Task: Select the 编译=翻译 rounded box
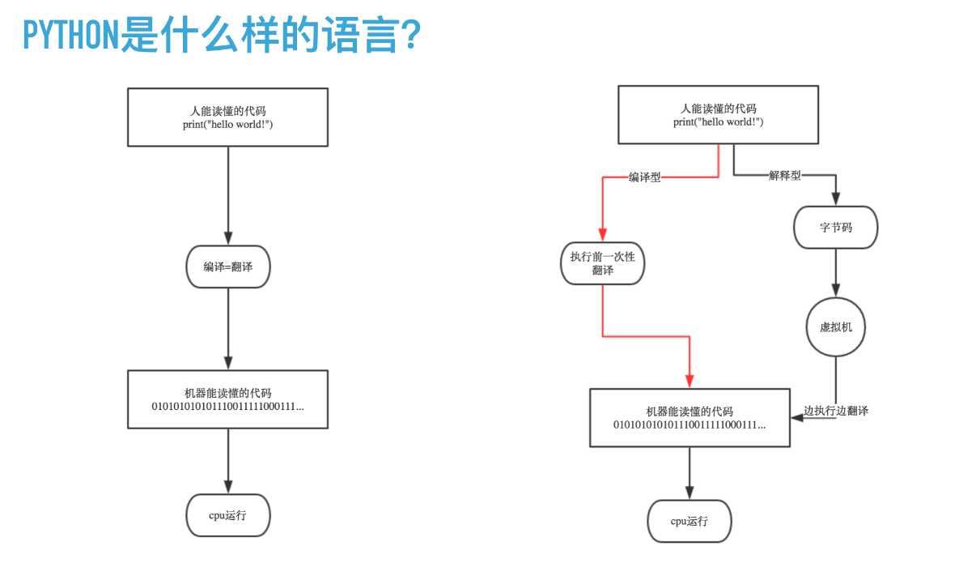[227, 267]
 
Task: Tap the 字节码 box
[836, 228]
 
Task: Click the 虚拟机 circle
[836, 327]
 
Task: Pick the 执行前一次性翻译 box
[603, 263]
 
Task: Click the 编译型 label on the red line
[644, 177]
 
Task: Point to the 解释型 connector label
[784, 175]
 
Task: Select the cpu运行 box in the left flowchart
[227, 514]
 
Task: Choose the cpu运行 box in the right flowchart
[690, 520]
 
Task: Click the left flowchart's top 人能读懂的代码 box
[227, 117]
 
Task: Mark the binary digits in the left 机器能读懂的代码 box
[227, 406]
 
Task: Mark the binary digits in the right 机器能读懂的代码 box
[690, 424]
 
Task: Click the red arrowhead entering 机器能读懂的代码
[690, 380]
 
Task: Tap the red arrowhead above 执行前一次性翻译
[603, 232]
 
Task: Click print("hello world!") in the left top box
[227, 124]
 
